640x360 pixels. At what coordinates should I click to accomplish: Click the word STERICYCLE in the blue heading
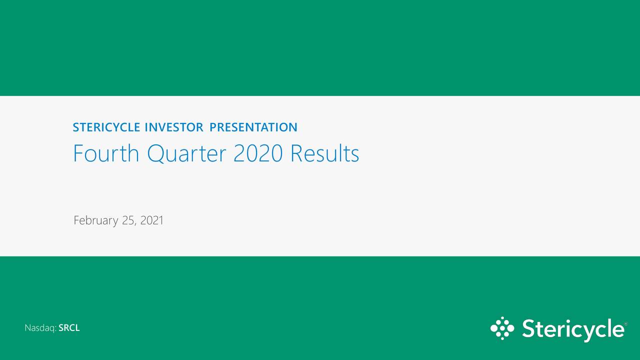[x=106, y=127]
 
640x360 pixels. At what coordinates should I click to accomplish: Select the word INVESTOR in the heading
[x=174, y=127]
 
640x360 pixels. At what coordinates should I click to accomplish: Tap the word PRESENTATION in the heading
[x=253, y=127]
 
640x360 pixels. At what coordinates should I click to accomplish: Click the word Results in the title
[x=324, y=153]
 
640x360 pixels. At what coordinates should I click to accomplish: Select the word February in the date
[x=95, y=220]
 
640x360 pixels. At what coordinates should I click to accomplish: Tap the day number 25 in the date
[x=128, y=220]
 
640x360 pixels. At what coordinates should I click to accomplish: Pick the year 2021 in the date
[x=152, y=220]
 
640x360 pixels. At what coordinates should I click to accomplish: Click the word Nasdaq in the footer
[x=39, y=328]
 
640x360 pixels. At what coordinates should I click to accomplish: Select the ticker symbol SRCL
[x=69, y=328]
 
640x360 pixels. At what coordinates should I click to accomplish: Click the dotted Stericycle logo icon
[x=502, y=328]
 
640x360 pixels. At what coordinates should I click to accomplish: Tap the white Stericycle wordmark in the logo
[x=572, y=329]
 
